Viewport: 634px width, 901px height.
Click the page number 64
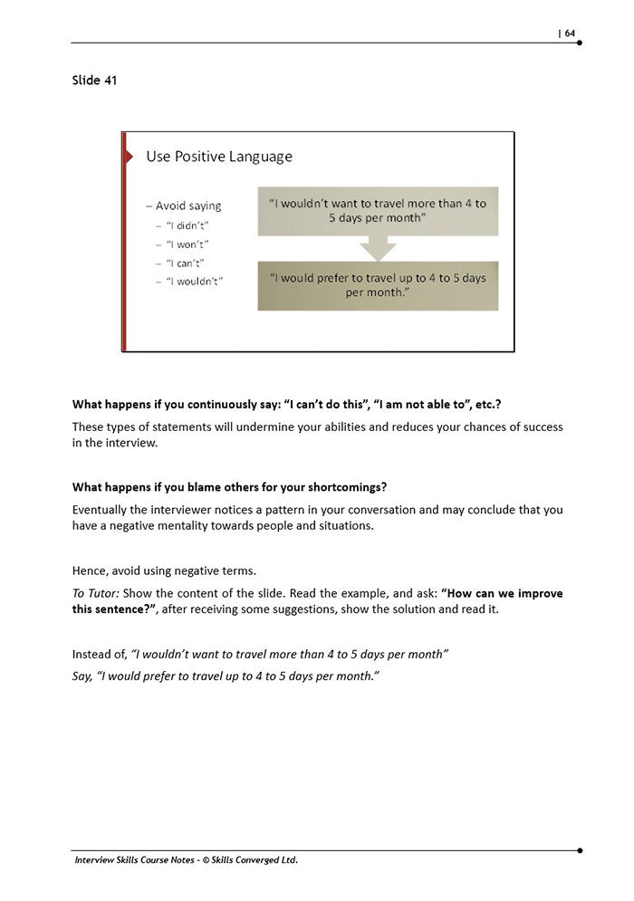coord(570,34)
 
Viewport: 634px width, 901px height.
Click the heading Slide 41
coord(94,81)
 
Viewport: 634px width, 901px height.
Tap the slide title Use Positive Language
coord(219,157)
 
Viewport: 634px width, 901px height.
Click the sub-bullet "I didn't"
coord(187,225)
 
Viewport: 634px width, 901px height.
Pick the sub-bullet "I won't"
coord(187,244)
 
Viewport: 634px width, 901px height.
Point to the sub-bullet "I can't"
coord(186,263)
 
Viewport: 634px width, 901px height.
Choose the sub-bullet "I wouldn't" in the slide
coord(194,282)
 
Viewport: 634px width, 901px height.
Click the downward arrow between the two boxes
coord(378,247)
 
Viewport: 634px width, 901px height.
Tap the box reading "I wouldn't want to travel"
coord(378,211)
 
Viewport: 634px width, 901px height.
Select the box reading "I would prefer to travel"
coord(378,285)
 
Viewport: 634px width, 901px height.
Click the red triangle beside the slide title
coord(127,157)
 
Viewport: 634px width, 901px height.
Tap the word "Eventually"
coord(102,510)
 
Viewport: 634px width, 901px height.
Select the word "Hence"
coord(88,570)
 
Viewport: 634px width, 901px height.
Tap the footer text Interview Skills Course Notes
coord(149,860)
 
